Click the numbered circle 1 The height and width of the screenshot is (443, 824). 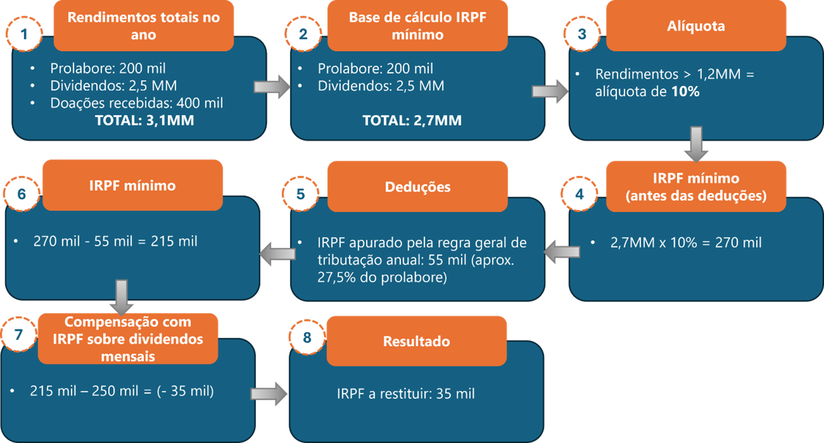pos(24,34)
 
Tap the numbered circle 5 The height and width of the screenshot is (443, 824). pos(300,194)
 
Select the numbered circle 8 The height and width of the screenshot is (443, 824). pos(307,337)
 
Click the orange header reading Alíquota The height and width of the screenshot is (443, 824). pos(696,26)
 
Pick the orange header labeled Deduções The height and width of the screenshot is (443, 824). pos(417,187)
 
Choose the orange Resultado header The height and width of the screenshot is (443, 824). pos(416,341)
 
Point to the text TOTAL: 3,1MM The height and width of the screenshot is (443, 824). pos(144,120)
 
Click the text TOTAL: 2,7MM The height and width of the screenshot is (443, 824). pos(412,120)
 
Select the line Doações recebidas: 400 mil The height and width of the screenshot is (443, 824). pos(136,103)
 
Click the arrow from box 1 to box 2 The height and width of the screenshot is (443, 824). pos(272,87)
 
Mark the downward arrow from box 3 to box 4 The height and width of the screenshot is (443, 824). pos(696,144)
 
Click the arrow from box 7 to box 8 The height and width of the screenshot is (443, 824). pos(269,394)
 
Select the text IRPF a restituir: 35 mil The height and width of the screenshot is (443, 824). pos(406,394)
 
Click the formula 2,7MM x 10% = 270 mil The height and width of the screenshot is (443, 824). pos(686,242)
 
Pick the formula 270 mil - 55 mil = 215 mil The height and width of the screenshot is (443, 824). pos(115,241)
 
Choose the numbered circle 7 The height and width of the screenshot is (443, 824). pos(19,335)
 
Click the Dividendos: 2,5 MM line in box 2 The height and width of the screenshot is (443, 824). pos(381,86)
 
